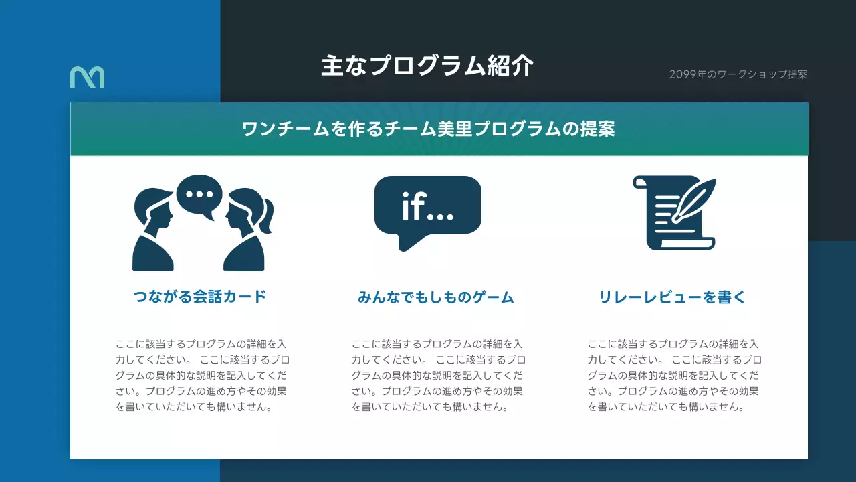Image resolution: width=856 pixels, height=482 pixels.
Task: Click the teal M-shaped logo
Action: (x=87, y=77)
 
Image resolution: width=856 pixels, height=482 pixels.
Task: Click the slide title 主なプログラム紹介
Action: (x=427, y=66)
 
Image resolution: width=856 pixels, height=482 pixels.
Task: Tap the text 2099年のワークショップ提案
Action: (x=738, y=74)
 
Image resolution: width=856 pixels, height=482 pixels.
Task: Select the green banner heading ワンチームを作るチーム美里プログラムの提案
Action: (x=429, y=129)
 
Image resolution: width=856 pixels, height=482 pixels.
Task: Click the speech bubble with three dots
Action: (x=199, y=195)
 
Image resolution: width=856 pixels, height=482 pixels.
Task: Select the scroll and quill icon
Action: (x=673, y=213)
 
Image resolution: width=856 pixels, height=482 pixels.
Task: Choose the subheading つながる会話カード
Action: (x=200, y=296)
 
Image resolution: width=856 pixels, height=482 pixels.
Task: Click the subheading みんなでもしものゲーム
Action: (x=436, y=297)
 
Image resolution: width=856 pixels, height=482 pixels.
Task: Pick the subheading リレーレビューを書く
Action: (x=672, y=297)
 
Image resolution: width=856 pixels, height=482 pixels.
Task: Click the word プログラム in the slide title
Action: (x=426, y=66)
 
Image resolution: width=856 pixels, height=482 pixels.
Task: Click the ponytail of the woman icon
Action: (x=267, y=217)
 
